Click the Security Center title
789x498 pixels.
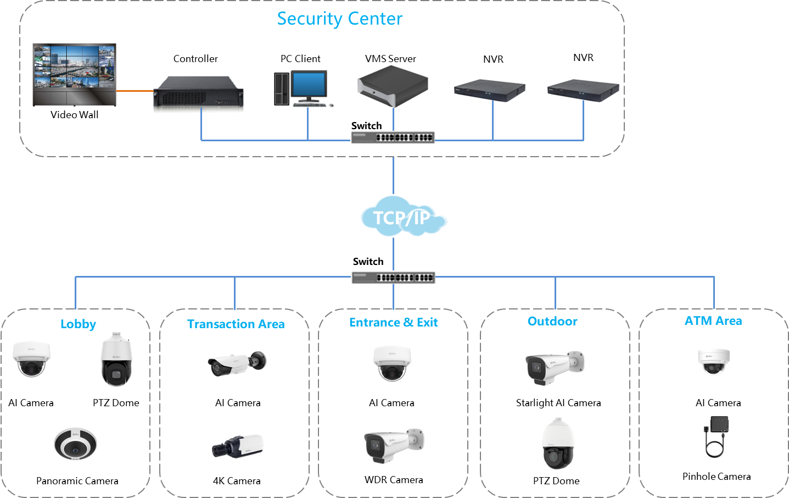click(x=340, y=19)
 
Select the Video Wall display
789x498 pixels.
click(x=75, y=75)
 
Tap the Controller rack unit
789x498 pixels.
click(x=194, y=92)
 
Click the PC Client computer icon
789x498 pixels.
click(x=304, y=88)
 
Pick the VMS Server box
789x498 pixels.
click(x=392, y=86)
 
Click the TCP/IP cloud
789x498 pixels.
click(x=404, y=216)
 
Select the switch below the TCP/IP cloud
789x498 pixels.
click(x=393, y=278)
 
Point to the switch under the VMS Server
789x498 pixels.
click(x=393, y=137)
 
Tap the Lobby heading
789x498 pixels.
click(x=79, y=324)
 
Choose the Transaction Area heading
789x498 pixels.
click(x=237, y=324)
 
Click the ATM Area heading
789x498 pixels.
click(x=714, y=321)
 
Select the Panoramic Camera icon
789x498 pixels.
click(x=76, y=444)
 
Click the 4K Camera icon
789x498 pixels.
click(x=238, y=446)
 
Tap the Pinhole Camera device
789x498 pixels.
click(x=716, y=436)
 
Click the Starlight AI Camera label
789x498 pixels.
click(x=558, y=403)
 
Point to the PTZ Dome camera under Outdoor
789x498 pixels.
click(x=558, y=444)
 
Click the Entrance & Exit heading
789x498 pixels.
click(x=394, y=322)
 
